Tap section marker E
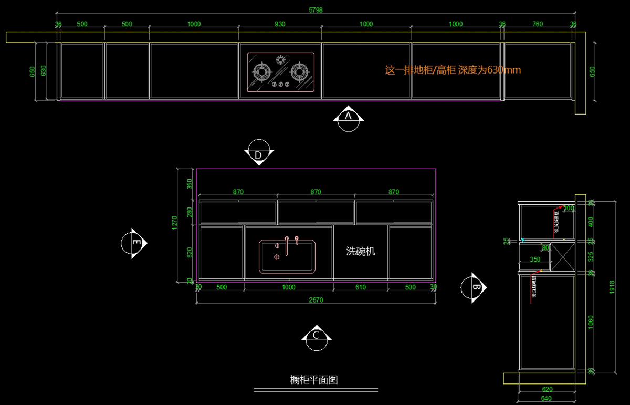pyautogui.click(x=134, y=243)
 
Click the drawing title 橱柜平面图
pyautogui.click(x=313, y=380)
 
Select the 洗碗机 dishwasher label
pyautogui.click(x=361, y=251)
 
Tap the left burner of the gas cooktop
pyautogui.click(x=261, y=72)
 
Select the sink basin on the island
pyautogui.click(x=288, y=256)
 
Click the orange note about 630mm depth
pyautogui.click(x=453, y=70)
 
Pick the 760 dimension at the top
pyautogui.click(x=538, y=24)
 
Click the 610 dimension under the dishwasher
pyautogui.click(x=361, y=287)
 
